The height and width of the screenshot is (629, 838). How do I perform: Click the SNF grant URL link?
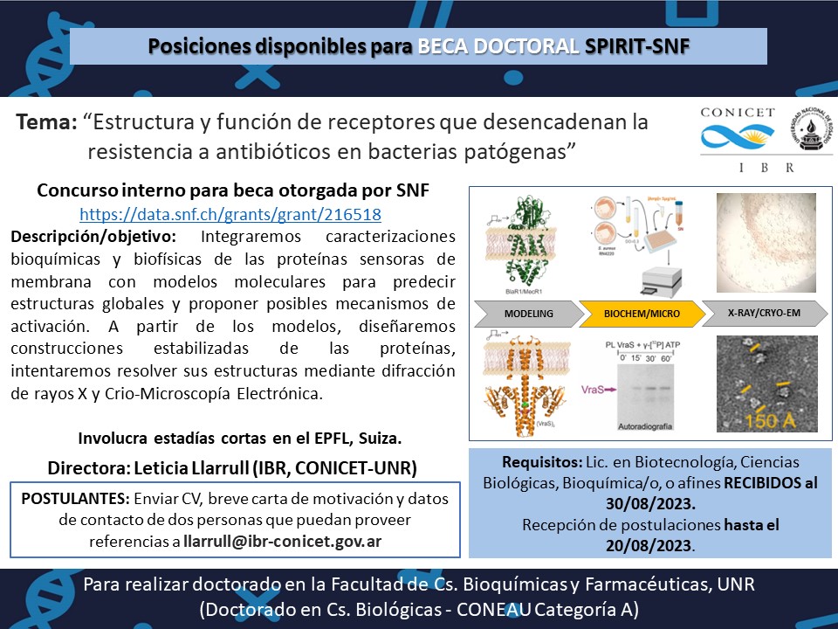[x=230, y=213]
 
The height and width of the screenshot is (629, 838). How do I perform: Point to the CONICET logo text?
[x=738, y=113]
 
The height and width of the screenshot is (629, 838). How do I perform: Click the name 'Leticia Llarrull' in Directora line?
[x=206, y=468]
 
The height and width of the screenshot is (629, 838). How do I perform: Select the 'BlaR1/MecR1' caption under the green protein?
[x=509, y=294]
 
